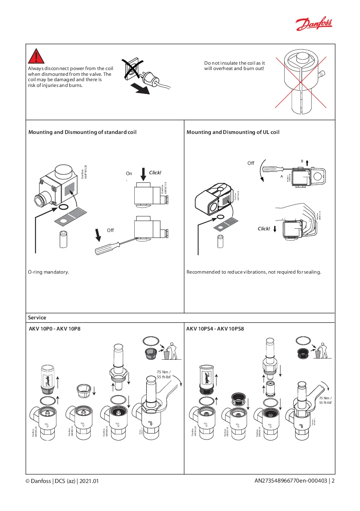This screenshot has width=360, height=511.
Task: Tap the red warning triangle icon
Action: (37, 56)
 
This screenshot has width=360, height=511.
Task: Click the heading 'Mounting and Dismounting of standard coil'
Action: (82, 132)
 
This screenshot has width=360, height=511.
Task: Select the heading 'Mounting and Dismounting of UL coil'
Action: (233, 132)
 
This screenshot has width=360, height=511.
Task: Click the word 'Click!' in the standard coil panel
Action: (155, 172)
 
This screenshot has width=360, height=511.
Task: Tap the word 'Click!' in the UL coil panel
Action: (264, 229)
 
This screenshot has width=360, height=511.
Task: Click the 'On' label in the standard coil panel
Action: (129, 174)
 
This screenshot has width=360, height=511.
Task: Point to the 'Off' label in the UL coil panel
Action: (251, 163)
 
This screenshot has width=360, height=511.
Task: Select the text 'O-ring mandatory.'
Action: (48, 272)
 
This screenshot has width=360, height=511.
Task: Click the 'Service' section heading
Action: (37, 318)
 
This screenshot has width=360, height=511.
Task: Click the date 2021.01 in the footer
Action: (89, 481)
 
